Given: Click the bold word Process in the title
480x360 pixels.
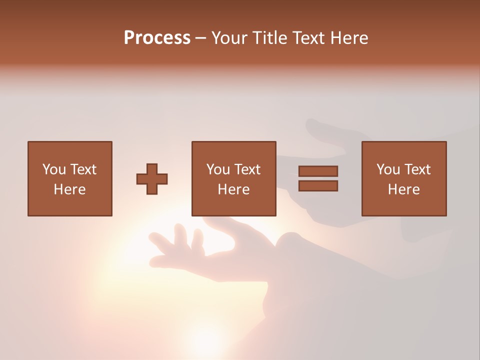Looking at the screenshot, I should [x=157, y=38].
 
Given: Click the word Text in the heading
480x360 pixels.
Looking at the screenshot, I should [x=307, y=38].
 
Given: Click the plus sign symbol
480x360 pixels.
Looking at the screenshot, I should [x=152, y=179].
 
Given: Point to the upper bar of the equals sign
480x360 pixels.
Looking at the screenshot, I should [x=318, y=171].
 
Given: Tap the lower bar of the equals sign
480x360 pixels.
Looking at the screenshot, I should [x=318, y=185].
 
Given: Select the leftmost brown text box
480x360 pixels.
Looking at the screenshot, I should [x=69, y=150].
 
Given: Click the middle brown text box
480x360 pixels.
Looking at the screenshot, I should [x=233, y=150].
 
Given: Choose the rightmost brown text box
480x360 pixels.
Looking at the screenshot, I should [x=403, y=150].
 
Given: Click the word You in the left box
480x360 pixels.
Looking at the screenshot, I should [x=53, y=169].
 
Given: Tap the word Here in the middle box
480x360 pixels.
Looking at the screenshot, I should [x=233, y=189].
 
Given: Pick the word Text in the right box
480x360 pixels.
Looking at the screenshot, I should [x=417, y=169].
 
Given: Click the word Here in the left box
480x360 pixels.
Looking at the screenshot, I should [x=69, y=189].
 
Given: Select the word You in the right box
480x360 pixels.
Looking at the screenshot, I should [x=387, y=169].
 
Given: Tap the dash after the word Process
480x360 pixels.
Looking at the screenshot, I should [x=200, y=38].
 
